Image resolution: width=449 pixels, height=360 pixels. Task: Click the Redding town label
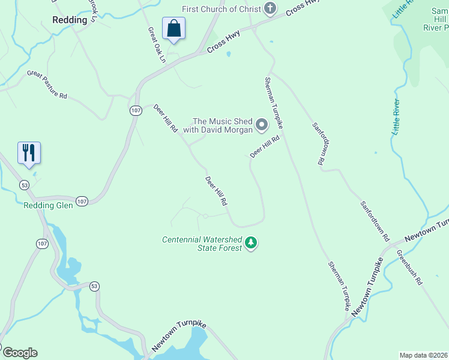pos(70,19)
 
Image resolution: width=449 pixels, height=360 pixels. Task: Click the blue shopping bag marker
pos(173,28)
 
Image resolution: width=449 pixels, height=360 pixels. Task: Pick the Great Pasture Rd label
pos(47,83)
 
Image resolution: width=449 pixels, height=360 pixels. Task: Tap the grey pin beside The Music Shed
pos(262,125)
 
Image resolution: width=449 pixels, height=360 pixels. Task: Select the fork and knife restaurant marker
pos(29,152)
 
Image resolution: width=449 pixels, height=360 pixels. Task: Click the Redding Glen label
pos(48,205)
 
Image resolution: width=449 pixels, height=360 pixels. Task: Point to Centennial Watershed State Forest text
pos(202,244)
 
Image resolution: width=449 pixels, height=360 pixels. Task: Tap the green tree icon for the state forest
pos(251,243)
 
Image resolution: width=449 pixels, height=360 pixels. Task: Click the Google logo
pos(20,353)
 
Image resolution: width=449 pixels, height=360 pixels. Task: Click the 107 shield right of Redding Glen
pos(82,202)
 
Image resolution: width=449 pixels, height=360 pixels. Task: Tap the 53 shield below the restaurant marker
pos(24,184)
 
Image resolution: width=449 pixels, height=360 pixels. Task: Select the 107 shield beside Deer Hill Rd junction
pos(135,110)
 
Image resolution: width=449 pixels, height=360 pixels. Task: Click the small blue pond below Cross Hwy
pos(228,54)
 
